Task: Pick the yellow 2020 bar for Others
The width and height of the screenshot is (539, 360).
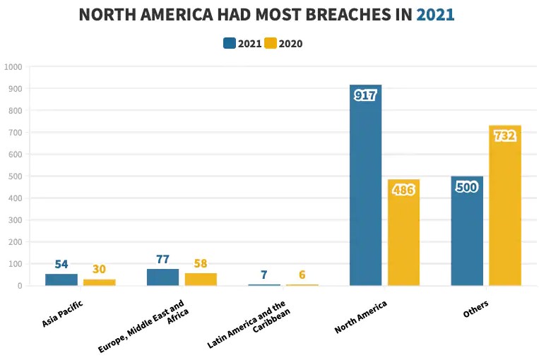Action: (x=504, y=212)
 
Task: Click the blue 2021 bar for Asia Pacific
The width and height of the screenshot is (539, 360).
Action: (x=61, y=280)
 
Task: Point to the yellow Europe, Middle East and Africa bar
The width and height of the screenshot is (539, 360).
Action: (x=201, y=279)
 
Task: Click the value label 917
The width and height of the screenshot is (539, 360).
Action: (x=365, y=95)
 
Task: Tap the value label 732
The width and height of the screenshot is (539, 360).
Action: (x=504, y=136)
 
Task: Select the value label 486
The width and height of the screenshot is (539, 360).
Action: (x=403, y=191)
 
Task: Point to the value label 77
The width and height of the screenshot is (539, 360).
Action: (x=163, y=259)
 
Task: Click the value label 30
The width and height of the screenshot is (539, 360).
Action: (x=99, y=269)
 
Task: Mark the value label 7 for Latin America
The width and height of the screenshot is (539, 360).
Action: (x=263, y=274)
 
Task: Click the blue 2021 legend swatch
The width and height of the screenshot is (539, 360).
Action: (x=230, y=43)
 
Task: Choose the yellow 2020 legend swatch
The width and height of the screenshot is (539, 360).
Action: (x=271, y=43)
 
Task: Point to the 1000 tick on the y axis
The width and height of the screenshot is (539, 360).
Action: (x=13, y=67)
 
